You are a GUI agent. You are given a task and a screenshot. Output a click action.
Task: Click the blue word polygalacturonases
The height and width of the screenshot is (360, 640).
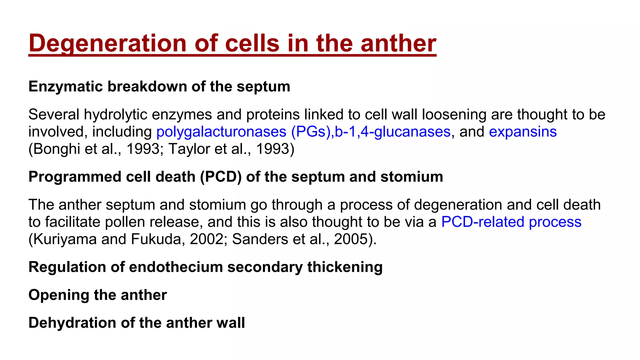click(x=221, y=132)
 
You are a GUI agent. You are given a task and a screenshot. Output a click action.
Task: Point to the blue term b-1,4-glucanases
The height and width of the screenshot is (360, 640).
click(x=392, y=132)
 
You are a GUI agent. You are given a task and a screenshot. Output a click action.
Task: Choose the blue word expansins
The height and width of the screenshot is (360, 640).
click(x=522, y=132)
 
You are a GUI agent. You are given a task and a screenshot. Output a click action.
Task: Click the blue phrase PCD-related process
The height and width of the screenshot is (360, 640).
click(x=511, y=222)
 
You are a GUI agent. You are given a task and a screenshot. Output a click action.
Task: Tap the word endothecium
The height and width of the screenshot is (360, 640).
click(x=176, y=267)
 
